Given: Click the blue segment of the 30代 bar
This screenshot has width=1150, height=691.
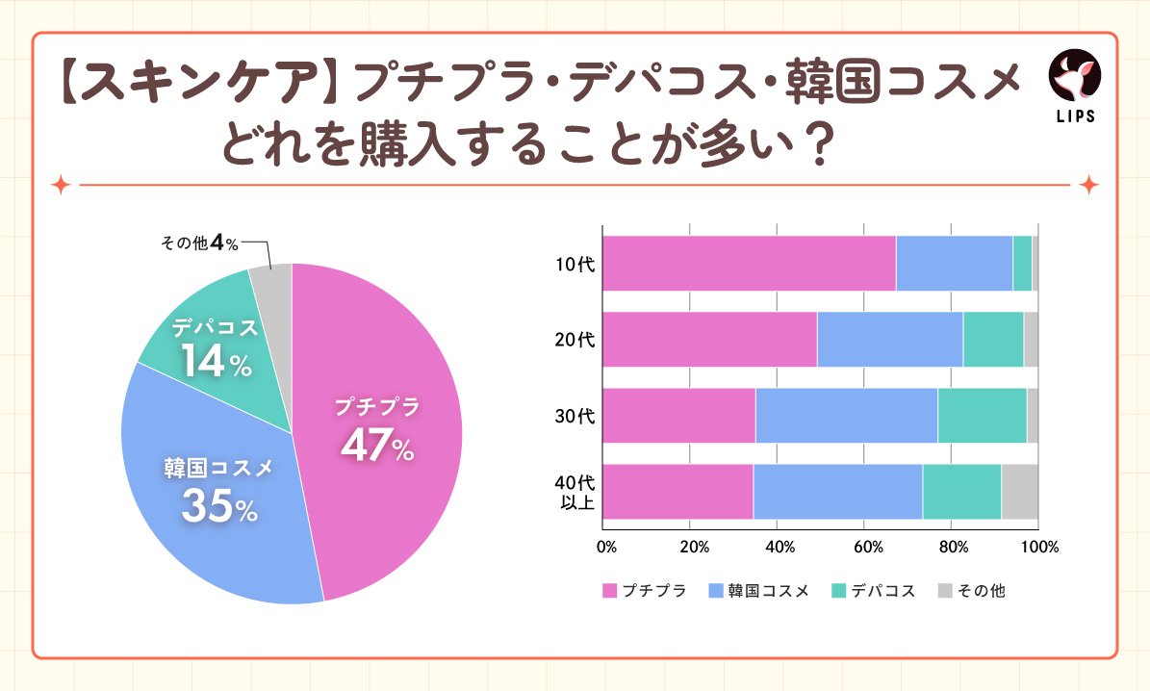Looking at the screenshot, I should (846, 415).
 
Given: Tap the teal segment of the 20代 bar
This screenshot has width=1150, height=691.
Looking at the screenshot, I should (992, 339).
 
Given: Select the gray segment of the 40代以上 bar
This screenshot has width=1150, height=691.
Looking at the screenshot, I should (1019, 491).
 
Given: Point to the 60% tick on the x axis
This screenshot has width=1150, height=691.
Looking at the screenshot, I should (869, 547).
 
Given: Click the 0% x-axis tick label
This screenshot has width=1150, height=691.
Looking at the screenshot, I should (606, 547).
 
